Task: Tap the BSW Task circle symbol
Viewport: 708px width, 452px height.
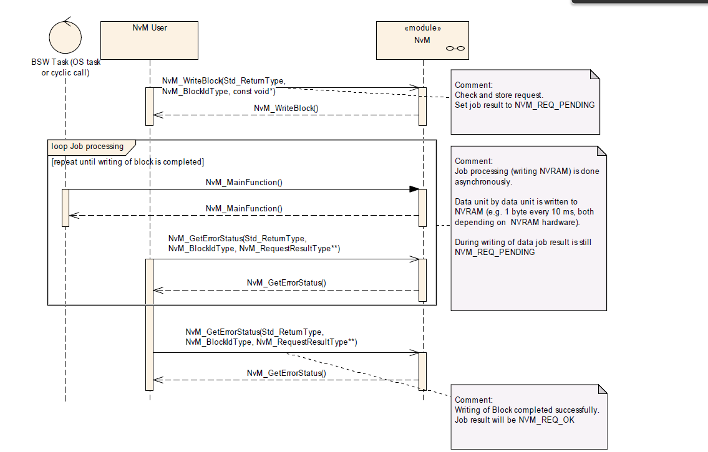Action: tap(65, 37)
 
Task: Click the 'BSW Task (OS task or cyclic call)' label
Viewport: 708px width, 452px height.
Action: tap(65, 67)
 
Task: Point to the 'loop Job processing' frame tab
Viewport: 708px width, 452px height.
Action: tap(87, 147)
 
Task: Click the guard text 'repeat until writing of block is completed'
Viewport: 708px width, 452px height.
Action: tap(127, 162)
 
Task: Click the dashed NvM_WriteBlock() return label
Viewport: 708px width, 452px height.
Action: tap(286, 108)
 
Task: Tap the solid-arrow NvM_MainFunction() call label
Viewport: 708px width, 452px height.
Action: tap(244, 183)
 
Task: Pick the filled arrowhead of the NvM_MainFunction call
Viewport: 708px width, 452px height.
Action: tap(413, 189)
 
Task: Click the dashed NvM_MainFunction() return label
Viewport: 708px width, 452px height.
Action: tap(244, 208)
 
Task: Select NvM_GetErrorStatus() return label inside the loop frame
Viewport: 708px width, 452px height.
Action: tap(286, 282)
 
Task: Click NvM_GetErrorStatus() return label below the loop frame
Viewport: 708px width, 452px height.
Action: tap(286, 373)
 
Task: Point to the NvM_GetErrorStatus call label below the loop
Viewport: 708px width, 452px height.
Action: tap(271, 337)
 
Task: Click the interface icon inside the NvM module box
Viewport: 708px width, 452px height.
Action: tap(455, 49)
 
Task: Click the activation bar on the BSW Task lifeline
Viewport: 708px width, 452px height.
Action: tap(65, 208)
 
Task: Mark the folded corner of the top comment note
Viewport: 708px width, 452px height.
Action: tap(594, 74)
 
